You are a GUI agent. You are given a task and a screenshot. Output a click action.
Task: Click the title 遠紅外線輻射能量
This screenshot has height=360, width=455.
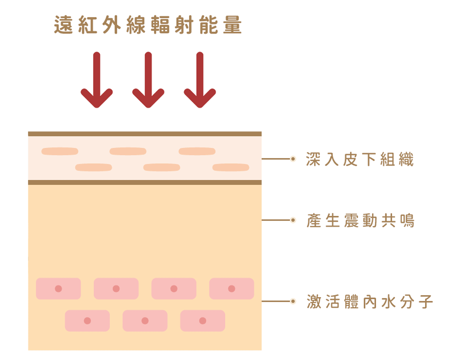coord(148,25)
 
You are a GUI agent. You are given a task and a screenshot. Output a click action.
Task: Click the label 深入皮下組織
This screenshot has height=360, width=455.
coord(359,160)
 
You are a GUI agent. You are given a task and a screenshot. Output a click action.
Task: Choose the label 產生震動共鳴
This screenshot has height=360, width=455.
coord(360,221)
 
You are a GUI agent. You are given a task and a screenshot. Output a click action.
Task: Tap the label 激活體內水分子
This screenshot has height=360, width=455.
coord(370,302)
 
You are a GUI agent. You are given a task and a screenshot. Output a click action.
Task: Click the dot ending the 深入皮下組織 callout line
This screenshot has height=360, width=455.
coord(293,159)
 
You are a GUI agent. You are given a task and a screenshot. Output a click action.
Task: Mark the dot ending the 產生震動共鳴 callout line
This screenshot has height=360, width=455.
coord(293,220)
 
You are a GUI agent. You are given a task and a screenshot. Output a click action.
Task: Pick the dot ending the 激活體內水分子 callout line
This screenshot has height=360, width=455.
coord(293,302)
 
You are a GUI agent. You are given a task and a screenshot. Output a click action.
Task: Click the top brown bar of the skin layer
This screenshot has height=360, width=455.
coord(145,134)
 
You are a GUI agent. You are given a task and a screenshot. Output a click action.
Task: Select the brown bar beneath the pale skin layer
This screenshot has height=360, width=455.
coord(145,182)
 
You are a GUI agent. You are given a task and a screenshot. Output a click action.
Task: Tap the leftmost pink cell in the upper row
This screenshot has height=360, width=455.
coord(58,289)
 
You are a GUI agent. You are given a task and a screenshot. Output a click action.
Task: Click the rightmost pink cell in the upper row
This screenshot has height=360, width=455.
coord(232,289)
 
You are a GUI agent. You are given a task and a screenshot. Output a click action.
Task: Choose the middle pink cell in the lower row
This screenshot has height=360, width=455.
coord(145,321)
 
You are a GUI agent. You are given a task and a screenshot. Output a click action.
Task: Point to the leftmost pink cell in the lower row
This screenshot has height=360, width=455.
coord(88,321)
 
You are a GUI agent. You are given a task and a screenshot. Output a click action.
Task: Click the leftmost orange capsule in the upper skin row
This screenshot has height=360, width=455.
coord(60,152)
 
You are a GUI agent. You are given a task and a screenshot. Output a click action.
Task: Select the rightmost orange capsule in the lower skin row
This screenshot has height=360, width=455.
coord(231,167)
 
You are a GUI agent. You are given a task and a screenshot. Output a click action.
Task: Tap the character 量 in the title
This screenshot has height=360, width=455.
coord(232,25)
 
